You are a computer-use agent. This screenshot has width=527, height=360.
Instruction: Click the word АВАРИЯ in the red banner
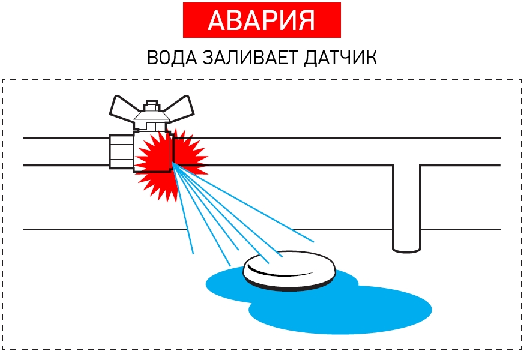pyautogui.click(x=261, y=20)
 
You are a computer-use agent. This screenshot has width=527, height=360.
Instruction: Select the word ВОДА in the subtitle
pyautogui.click(x=170, y=59)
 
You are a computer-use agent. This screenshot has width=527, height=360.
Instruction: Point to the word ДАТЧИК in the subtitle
pyautogui.click(x=342, y=59)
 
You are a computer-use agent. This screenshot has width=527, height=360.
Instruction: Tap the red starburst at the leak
pyautogui.click(x=155, y=161)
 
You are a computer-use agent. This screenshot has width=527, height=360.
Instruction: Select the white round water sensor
pyautogui.click(x=290, y=268)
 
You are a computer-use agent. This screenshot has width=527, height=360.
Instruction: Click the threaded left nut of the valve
pyautogui.click(x=121, y=152)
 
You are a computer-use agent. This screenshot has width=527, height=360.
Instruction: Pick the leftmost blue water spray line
pyautogui.click(x=184, y=210)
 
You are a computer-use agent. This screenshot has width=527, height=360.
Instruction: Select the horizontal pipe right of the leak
pyautogui.click(x=336, y=152)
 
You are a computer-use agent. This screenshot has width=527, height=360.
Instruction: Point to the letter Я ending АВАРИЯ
pyautogui.click(x=306, y=20)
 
